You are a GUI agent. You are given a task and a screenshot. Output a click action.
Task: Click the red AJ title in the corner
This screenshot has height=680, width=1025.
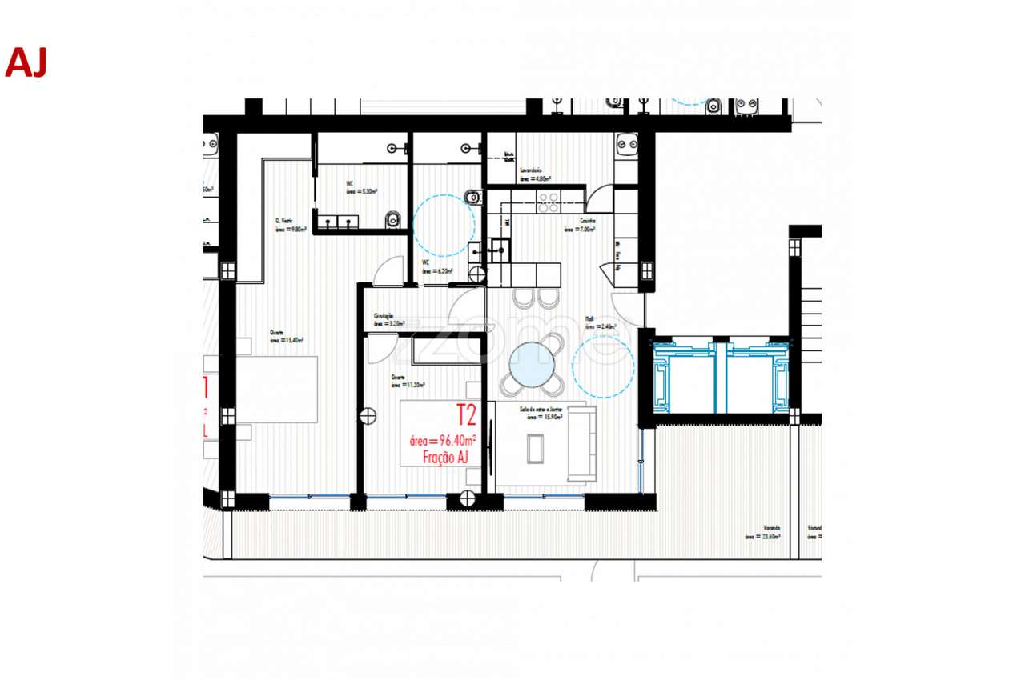(26, 62)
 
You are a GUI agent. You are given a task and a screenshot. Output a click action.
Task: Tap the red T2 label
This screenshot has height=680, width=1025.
(466, 415)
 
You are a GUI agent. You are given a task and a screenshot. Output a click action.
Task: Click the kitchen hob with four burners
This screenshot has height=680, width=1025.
(548, 202)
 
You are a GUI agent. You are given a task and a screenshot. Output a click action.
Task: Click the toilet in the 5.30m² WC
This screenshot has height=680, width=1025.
(392, 219)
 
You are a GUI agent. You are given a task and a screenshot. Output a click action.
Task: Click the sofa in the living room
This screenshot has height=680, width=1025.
(583, 445)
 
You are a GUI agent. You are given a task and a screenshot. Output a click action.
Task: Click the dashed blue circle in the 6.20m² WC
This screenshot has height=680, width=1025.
(444, 226)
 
